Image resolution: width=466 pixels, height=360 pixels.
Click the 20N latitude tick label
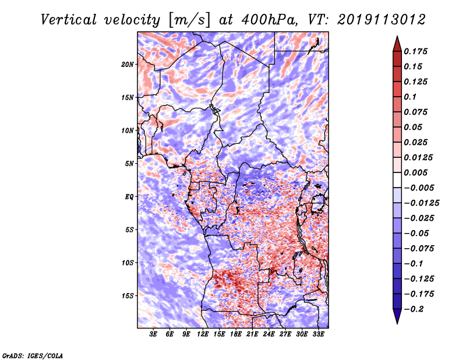pyautogui.click(x=128, y=64)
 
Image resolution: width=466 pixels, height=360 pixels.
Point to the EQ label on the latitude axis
pyautogui.click(x=129, y=197)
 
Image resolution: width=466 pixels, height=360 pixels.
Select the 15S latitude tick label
pyautogui.click(x=128, y=296)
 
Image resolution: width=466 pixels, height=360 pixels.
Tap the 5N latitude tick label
pyautogui.click(x=129, y=164)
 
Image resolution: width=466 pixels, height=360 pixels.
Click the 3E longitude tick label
pyautogui.click(x=153, y=334)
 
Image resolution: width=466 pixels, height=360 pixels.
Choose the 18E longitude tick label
pyautogui.click(x=236, y=334)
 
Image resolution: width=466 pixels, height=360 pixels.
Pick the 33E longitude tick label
pyautogui.click(x=319, y=334)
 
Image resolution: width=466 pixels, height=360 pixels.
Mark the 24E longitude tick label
pyautogui.click(x=269, y=334)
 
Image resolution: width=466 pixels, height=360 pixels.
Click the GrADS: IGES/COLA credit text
pyautogui.click(x=32, y=355)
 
